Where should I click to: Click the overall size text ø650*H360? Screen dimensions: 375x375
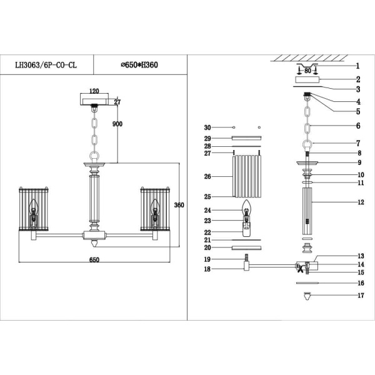[139, 64]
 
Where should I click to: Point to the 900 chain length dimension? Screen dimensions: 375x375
[116, 124]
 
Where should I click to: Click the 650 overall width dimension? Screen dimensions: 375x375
[94, 259]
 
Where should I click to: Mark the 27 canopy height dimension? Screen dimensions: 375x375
[117, 102]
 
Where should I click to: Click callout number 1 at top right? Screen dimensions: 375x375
[357, 66]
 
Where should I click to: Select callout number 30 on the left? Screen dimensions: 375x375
[208, 127]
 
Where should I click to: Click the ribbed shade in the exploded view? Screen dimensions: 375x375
[246, 176]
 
